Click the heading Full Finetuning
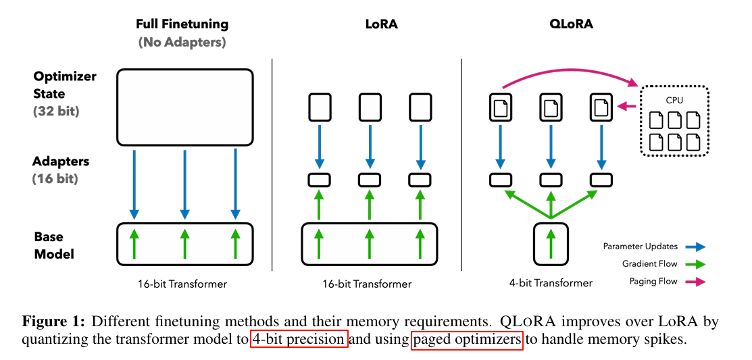pos(182,24)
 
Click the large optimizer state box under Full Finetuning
pos(184,108)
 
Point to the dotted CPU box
pos(674,122)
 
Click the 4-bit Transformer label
pos(551,284)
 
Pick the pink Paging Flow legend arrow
pos(694,282)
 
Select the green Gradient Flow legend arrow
pos(694,264)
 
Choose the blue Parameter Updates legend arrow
pos(694,247)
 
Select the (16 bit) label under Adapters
pos(55,179)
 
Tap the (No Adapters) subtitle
pos(182,42)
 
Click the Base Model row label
pos(54,245)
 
